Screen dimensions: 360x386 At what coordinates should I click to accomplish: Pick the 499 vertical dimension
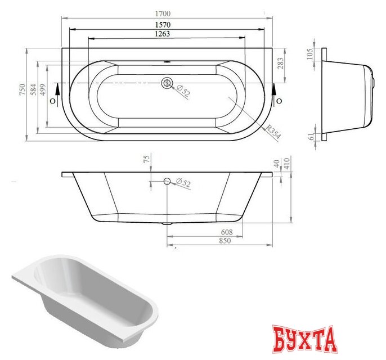pos(42,91)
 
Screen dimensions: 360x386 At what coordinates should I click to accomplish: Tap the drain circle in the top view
pos(166,83)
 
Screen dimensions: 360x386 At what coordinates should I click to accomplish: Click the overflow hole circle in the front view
pos(166,181)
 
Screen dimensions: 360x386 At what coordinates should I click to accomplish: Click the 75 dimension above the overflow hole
pos(147,160)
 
